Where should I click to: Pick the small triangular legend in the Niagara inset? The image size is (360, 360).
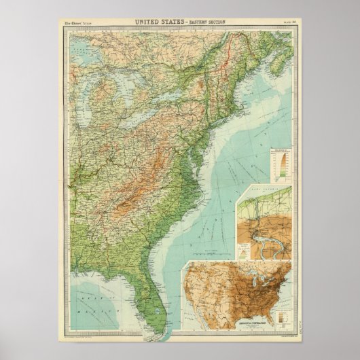coord(243,249)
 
